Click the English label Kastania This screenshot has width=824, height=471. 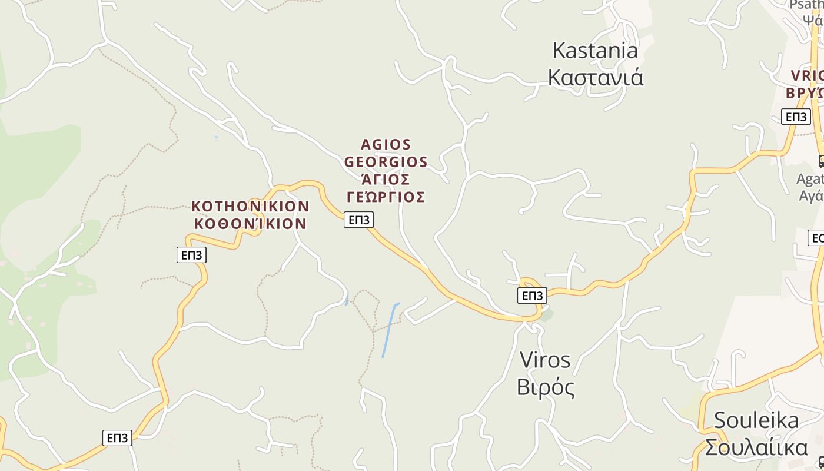tap(595, 51)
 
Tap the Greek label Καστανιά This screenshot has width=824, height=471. tap(596, 77)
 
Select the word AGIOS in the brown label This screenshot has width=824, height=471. tap(386, 145)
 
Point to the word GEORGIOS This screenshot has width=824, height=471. tap(386, 162)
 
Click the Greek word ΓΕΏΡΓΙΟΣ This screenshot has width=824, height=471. tap(386, 197)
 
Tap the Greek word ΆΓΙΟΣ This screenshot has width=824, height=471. tap(386, 179)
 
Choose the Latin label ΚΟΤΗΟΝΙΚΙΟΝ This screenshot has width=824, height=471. tap(250, 207)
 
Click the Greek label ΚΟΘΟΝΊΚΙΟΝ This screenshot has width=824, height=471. tap(250, 224)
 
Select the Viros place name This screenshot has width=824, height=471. tap(545, 360)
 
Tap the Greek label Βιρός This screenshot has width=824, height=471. tap(545, 387)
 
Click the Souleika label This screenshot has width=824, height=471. tap(756, 420)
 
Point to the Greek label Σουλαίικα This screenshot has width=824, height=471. tap(756, 447)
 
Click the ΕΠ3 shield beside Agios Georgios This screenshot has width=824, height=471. tap(358, 220)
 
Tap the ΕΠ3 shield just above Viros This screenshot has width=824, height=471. tap(532, 296)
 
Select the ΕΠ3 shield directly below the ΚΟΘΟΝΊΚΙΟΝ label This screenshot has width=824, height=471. tap(191, 255)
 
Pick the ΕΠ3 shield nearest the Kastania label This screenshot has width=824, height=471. tap(796, 117)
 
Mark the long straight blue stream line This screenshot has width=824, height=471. tap(390, 330)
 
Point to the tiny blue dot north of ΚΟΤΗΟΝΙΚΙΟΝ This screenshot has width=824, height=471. tap(217, 138)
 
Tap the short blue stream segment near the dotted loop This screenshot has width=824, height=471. tap(347, 299)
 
